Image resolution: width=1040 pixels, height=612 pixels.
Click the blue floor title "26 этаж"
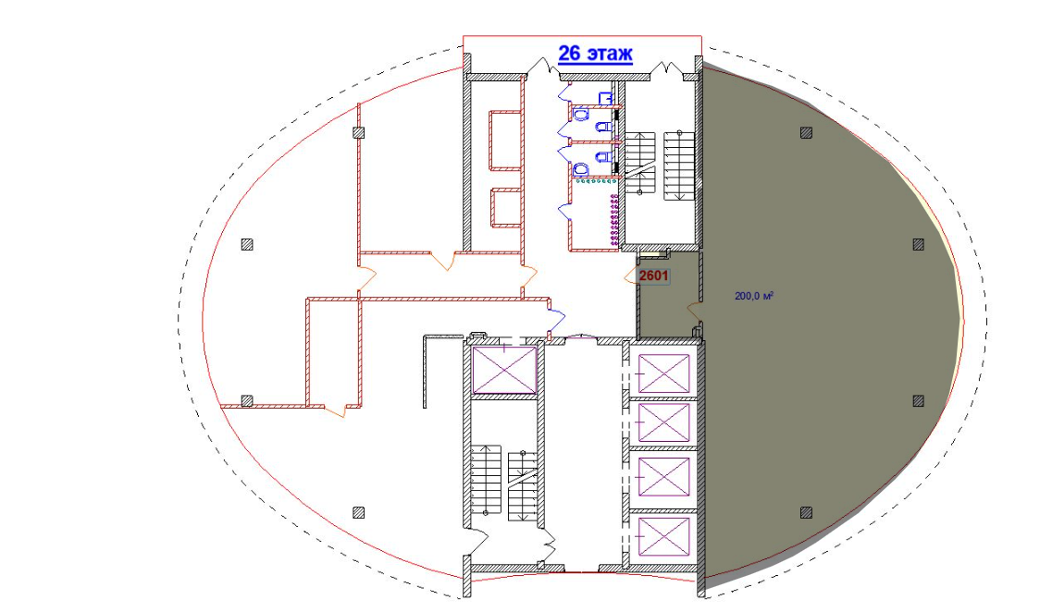(595, 54)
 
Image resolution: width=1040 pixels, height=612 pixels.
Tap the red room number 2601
(653, 275)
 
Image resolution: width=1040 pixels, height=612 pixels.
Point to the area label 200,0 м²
(754, 296)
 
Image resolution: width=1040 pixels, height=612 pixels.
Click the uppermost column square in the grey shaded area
(806, 132)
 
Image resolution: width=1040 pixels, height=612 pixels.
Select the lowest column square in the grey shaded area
(806, 512)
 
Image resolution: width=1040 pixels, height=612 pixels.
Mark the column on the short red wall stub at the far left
(247, 400)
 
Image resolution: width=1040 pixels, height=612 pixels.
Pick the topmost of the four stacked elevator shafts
(663, 374)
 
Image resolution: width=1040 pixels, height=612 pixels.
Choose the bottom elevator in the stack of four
(663, 537)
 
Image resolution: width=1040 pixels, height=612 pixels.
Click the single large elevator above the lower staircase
(504, 370)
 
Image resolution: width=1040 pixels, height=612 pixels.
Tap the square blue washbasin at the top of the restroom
(605, 98)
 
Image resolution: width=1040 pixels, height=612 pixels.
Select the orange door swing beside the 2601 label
(631, 275)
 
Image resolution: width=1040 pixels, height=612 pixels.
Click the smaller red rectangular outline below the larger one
(505, 208)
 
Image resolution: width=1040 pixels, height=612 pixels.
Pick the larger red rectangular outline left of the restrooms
(505, 141)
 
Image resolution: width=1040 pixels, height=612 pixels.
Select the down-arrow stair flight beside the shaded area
(679, 165)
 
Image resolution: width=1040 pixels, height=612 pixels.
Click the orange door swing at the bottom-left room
(338, 410)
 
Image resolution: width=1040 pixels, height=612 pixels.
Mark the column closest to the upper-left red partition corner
(358, 132)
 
